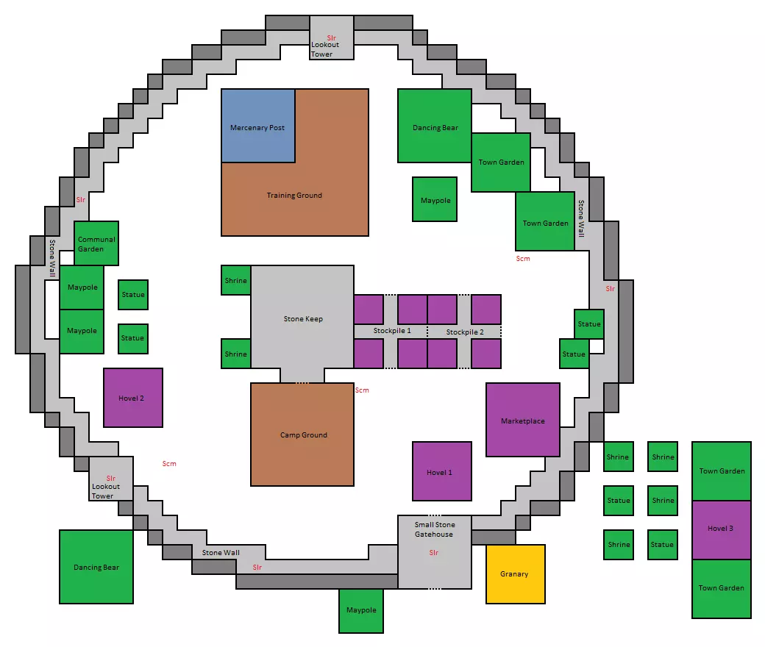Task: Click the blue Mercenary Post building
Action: (x=258, y=126)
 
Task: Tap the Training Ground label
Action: (x=294, y=195)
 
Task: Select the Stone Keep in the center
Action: (x=302, y=317)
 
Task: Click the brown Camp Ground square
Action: (x=302, y=435)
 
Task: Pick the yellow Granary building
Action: (x=515, y=574)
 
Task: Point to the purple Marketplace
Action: (x=523, y=420)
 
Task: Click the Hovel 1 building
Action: (x=442, y=471)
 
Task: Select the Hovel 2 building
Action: (x=133, y=398)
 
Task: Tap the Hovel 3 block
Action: (x=722, y=530)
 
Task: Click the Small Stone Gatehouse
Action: (x=435, y=552)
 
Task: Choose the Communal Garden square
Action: (x=96, y=243)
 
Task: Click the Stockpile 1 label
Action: (x=392, y=331)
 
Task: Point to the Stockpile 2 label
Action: (x=465, y=332)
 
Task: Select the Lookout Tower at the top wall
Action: (x=332, y=37)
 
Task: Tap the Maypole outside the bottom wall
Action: (x=361, y=611)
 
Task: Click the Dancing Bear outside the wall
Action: (x=96, y=567)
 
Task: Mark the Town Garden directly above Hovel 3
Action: (x=722, y=471)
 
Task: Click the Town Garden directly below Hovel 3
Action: (x=722, y=589)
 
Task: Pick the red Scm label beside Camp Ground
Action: (x=362, y=390)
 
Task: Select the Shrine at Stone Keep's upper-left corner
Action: (x=235, y=280)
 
